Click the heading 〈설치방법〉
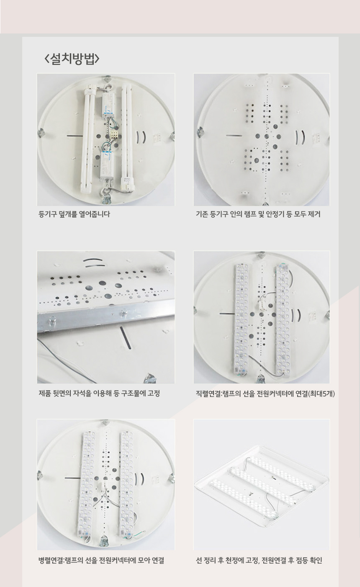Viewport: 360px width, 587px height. pos(72,59)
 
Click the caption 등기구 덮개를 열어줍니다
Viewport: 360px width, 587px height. pos(74,214)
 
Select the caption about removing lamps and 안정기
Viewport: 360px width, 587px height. pos(258,214)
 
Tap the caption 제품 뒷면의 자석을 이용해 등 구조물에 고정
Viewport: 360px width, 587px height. pos(99,393)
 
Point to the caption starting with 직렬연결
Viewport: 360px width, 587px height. pos(265,393)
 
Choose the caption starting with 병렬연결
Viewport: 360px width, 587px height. pos(101,560)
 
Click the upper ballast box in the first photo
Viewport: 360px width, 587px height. pos(108,105)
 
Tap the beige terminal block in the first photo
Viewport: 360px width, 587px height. pos(115,136)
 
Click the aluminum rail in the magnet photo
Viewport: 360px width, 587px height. pos(106,317)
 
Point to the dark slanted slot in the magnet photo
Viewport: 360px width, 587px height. pos(125,338)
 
